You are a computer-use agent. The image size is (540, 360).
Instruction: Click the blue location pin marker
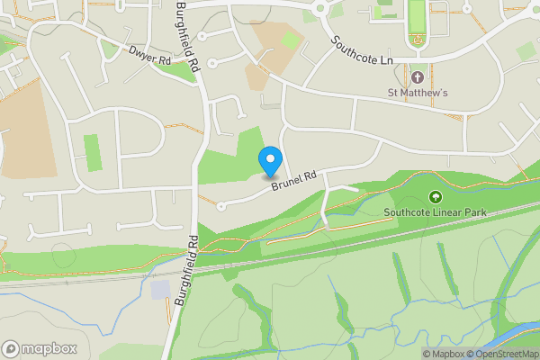tap(269, 162)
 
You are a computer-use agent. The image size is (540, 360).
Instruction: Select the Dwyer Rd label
tap(149, 58)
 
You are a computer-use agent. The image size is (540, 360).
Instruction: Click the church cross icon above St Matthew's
tap(418, 76)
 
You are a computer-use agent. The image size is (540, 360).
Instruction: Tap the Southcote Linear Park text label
tap(436, 213)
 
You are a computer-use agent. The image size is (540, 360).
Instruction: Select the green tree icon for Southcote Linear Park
tap(436, 197)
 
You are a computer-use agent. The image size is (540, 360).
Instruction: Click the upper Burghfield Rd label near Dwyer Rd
tap(187, 37)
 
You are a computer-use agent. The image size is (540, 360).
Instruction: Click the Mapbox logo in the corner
tap(40, 348)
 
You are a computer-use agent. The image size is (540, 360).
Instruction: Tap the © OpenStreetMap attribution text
tap(503, 354)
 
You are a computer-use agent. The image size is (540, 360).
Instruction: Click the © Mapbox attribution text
tap(444, 354)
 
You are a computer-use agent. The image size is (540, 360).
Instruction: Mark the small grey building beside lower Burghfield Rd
tap(159, 290)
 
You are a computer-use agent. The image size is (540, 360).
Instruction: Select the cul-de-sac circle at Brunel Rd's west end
tap(221, 206)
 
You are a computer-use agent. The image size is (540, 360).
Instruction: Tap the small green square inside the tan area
tap(290, 40)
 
